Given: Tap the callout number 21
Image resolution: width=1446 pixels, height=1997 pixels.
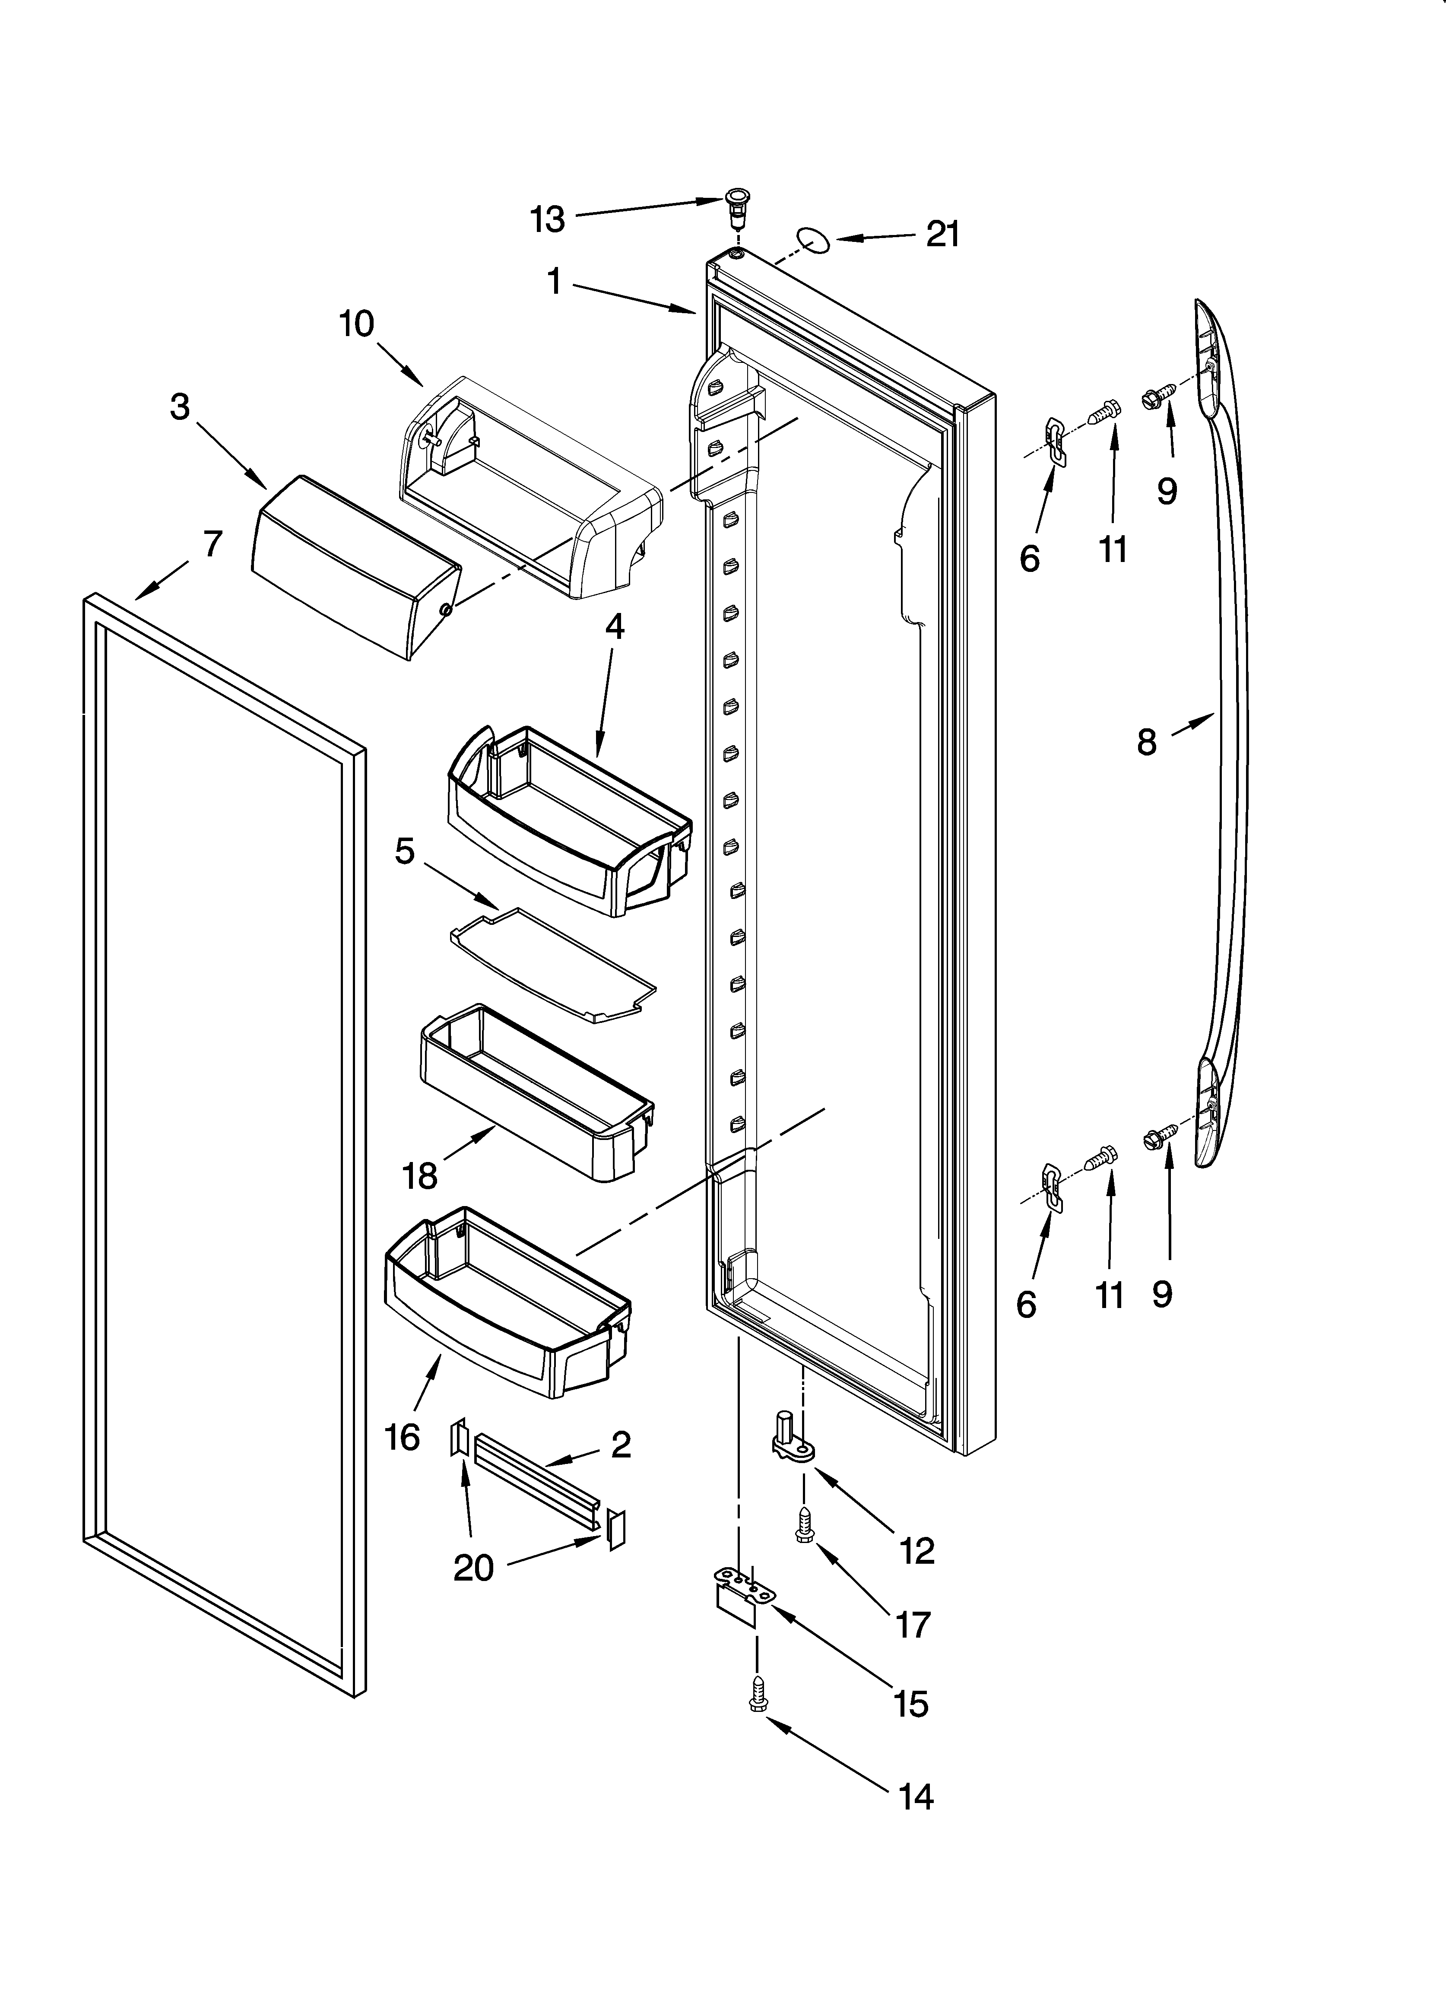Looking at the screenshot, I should click(942, 234).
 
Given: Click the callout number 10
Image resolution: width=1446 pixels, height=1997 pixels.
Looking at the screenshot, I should click(357, 324).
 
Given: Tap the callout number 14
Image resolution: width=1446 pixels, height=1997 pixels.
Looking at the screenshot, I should click(916, 1796).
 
